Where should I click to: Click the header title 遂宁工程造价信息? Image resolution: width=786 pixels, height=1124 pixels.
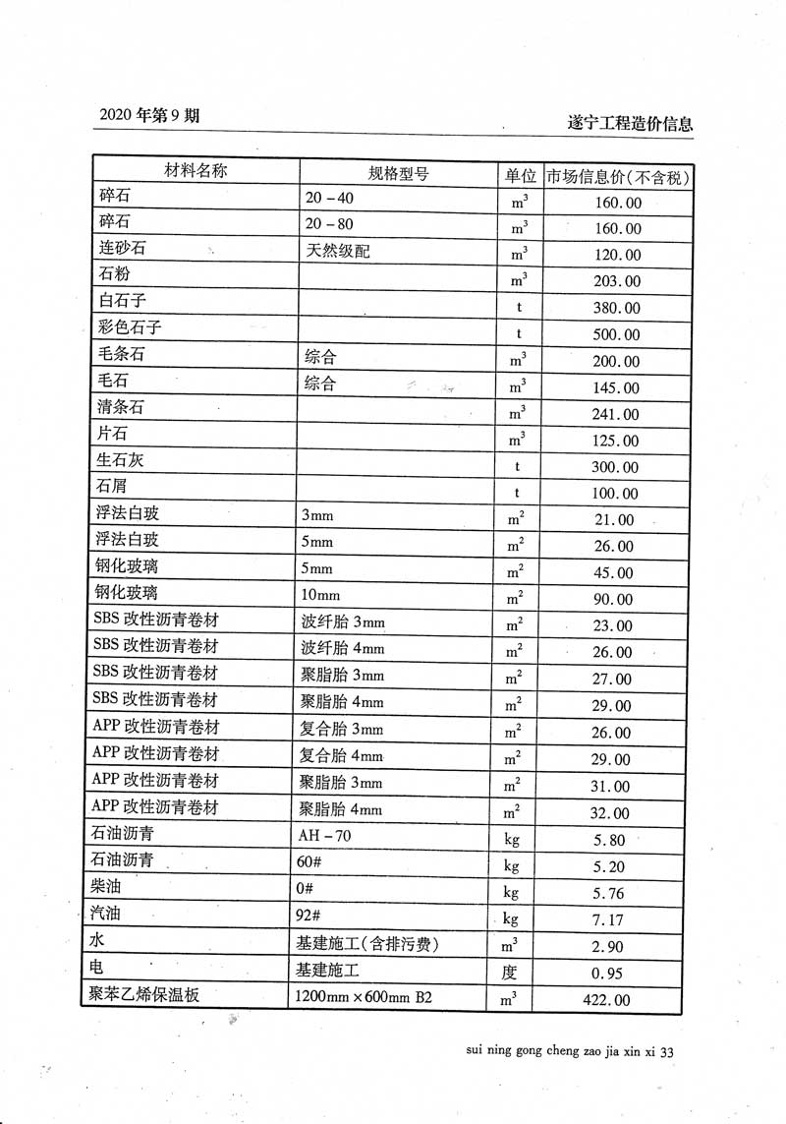(x=630, y=124)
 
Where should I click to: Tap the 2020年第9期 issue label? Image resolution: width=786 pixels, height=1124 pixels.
(x=149, y=115)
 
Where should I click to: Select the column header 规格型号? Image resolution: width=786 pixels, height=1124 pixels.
(x=398, y=174)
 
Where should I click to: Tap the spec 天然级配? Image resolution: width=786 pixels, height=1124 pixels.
(x=338, y=251)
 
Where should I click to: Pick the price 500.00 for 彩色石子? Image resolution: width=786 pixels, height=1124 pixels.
(x=617, y=334)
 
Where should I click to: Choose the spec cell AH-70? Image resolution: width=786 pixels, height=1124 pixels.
(x=324, y=836)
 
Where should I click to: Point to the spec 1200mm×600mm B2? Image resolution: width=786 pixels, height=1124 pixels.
(x=364, y=997)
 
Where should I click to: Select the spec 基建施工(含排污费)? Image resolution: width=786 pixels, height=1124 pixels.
(x=366, y=944)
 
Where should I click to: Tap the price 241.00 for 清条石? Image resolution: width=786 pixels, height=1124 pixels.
(x=617, y=415)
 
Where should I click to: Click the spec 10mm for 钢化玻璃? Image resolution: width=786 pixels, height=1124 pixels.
(x=320, y=595)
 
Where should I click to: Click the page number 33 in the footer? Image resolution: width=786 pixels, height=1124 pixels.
(x=666, y=1052)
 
